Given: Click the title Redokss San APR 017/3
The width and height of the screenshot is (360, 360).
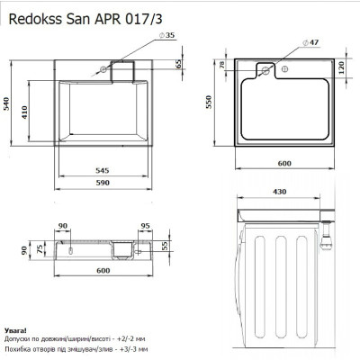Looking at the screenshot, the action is click(x=85, y=19).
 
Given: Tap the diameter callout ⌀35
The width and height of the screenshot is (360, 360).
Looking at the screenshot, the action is click(x=166, y=35).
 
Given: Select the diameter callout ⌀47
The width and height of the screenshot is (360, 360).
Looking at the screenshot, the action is click(x=310, y=42).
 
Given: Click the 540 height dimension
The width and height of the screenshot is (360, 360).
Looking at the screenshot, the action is click(x=6, y=103).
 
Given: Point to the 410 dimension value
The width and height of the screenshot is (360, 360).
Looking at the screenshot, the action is click(x=24, y=112).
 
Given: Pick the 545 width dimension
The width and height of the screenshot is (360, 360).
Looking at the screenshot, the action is click(x=103, y=170).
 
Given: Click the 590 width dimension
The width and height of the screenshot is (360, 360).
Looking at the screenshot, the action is click(x=103, y=183).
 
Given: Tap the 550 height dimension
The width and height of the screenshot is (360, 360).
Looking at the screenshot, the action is click(x=209, y=102).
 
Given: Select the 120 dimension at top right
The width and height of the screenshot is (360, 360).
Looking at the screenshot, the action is click(x=342, y=67).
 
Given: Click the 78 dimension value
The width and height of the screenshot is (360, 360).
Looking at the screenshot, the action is click(x=222, y=65).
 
